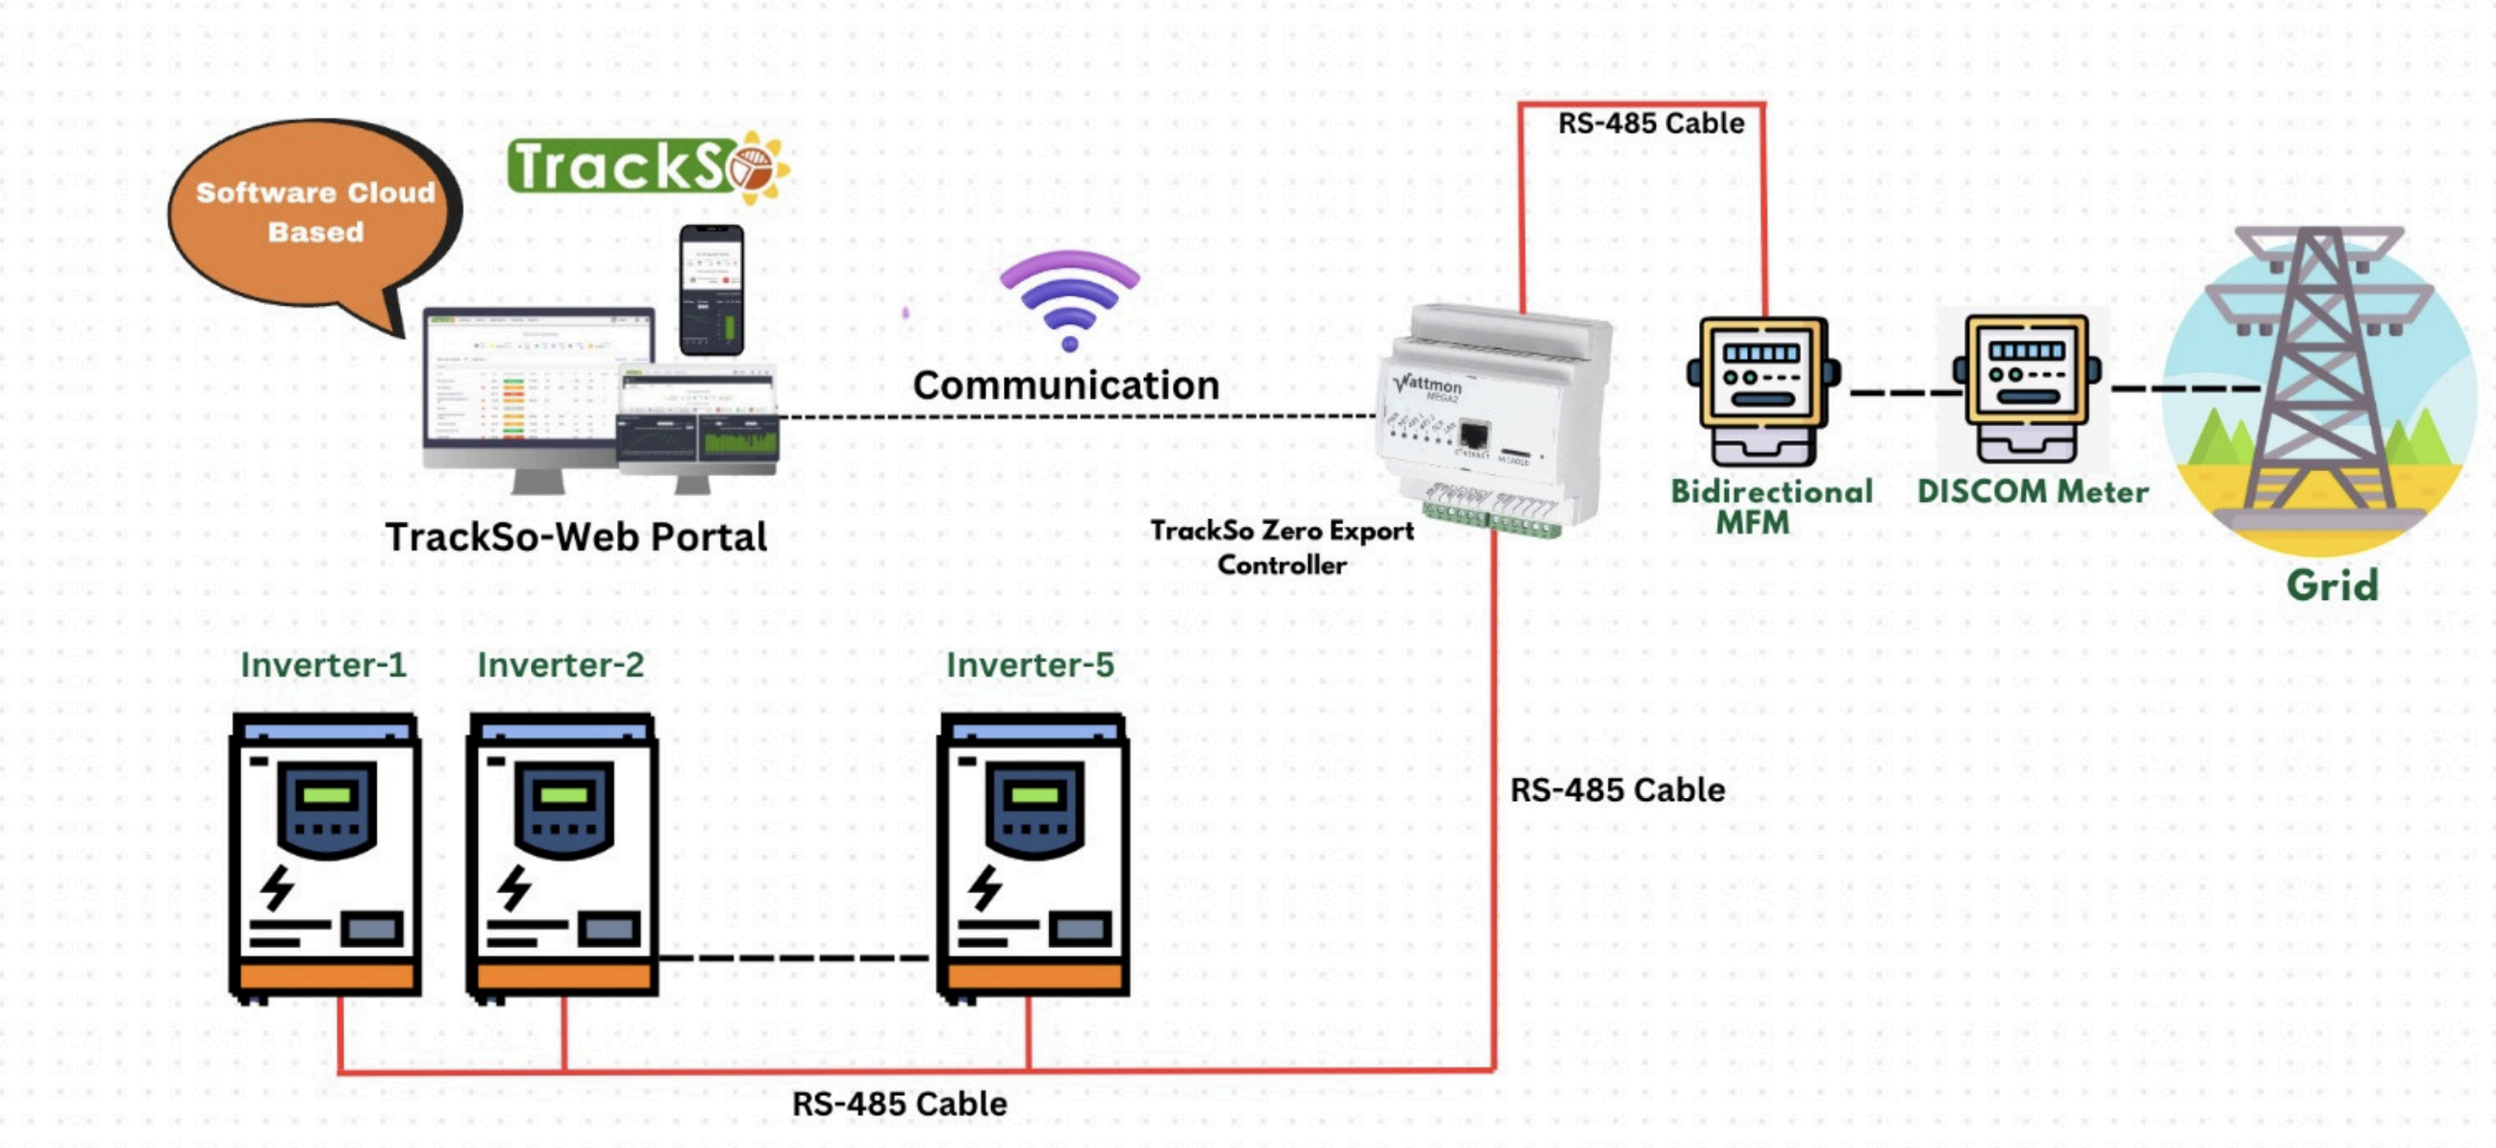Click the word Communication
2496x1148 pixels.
click(x=1066, y=386)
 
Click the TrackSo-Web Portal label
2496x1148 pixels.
click(x=576, y=537)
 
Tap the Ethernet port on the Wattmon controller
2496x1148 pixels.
click(x=1473, y=435)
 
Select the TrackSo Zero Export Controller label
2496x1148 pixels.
click(x=1282, y=547)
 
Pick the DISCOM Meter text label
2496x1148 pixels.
click(x=2032, y=491)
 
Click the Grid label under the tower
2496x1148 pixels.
click(x=2332, y=586)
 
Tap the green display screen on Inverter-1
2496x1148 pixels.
click(x=327, y=795)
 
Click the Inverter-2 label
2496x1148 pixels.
click(x=560, y=664)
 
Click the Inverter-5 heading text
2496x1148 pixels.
click(x=1029, y=664)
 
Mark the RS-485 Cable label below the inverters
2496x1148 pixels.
click(x=899, y=1104)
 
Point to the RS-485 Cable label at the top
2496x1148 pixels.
click(x=1650, y=123)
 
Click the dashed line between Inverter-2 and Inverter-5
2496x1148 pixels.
click(x=794, y=959)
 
